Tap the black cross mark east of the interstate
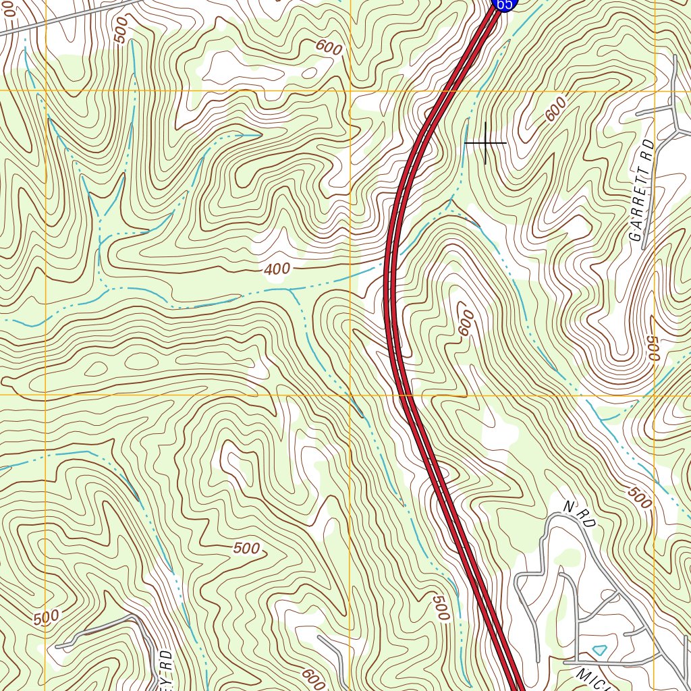485,143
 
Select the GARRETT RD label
642,191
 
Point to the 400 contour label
277,269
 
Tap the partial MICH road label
594,679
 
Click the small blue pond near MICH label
599,650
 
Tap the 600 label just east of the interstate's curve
466,325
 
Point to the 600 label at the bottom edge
314,676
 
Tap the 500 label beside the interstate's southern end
440,608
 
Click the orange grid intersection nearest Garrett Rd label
655,90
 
